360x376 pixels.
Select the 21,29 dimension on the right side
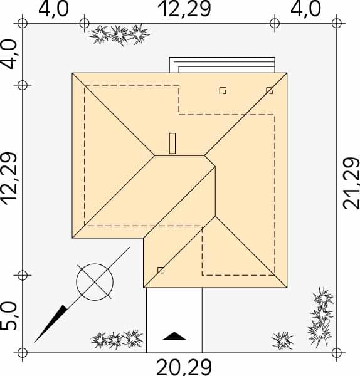click(x=351, y=184)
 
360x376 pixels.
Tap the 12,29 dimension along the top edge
click(x=184, y=9)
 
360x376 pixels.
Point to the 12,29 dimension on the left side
click(x=9, y=179)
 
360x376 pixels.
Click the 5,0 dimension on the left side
click(x=9, y=316)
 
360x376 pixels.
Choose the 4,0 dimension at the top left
click(x=53, y=9)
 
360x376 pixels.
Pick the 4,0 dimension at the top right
click(x=305, y=9)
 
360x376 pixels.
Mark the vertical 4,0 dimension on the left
click(x=9, y=54)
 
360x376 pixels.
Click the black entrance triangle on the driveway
click(x=174, y=336)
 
